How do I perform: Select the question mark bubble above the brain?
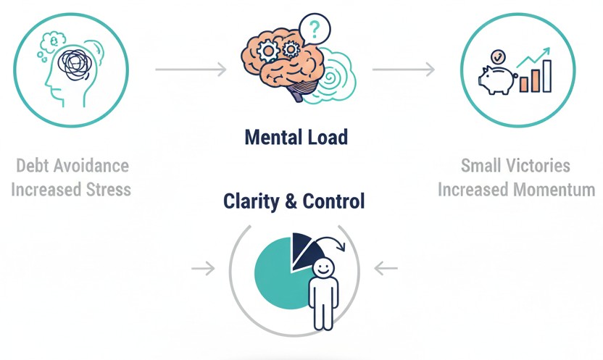pos(314,30)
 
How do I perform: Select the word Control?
pos(334,201)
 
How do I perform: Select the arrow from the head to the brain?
pos(191,70)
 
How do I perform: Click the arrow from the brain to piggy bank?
pos(404,70)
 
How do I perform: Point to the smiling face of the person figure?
pos(323,267)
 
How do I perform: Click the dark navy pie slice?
pos(302,248)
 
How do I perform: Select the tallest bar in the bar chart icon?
pos(546,76)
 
